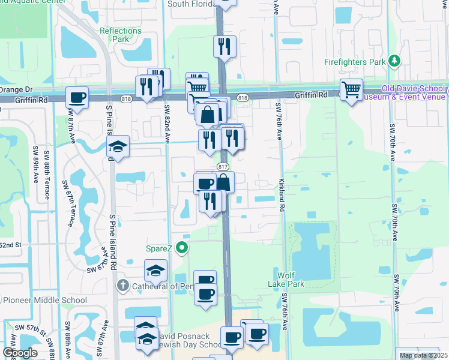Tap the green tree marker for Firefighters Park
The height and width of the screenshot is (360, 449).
[x=394, y=61]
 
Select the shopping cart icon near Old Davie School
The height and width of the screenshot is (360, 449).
[x=351, y=90]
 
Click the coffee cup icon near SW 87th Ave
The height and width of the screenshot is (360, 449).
[x=77, y=97]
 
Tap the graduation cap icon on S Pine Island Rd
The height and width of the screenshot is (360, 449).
[x=118, y=146]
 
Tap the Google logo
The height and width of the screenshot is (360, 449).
[x=20, y=353]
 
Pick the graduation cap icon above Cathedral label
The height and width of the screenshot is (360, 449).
[x=156, y=270]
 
